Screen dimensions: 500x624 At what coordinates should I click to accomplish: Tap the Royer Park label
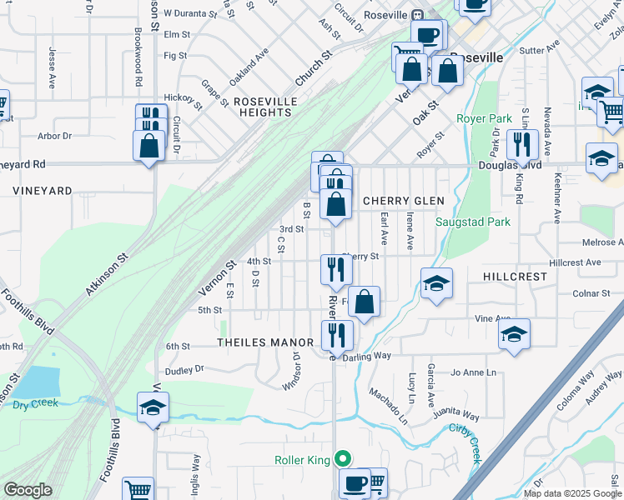click(x=483, y=118)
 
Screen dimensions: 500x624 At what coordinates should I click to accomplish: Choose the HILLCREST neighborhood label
click(x=514, y=276)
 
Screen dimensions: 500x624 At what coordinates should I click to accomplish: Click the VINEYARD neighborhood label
click(x=42, y=191)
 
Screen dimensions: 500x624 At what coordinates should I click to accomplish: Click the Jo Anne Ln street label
click(x=474, y=372)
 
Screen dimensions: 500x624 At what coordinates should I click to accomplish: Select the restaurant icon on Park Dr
click(x=521, y=144)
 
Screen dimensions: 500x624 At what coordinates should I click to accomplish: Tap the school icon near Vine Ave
click(x=514, y=335)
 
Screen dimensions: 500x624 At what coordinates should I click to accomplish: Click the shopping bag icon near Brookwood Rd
click(x=148, y=145)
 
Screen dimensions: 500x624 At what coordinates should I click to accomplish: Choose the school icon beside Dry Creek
click(x=153, y=407)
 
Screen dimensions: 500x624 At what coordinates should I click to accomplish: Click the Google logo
click(x=28, y=490)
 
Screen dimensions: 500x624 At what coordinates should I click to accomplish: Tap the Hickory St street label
click(x=184, y=101)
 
